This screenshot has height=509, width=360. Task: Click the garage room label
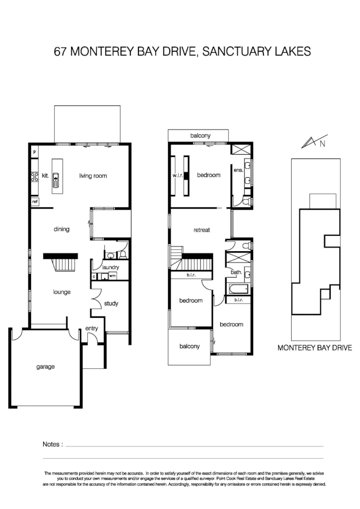(46, 367)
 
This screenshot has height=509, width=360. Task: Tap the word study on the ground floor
(111, 303)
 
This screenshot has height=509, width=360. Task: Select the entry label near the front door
(91, 328)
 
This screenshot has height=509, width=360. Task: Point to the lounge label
(62, 291)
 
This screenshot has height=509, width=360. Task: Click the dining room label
(62, 229)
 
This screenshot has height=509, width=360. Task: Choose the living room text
(93, 176)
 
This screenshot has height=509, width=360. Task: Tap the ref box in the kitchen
(35, 202)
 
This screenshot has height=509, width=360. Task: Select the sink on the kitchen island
(56, 179)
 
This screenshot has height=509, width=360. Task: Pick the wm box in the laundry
(112, 276)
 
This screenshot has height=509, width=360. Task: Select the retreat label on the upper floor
(202, 230)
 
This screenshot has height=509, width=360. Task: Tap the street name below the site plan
(315, 347)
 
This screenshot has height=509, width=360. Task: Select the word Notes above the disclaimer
(52, 444)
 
